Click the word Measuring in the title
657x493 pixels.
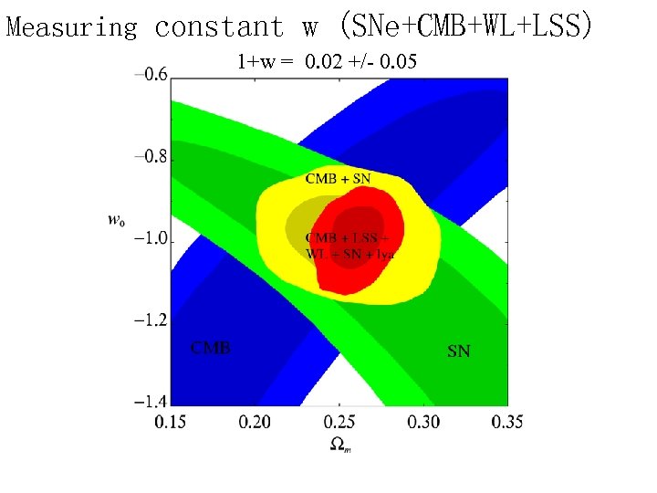[72, 27]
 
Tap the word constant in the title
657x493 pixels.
[220, 27]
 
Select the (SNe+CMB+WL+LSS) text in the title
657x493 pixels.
[464, 27]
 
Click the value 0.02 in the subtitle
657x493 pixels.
[324, 64]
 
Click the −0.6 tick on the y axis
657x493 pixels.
[151, 75]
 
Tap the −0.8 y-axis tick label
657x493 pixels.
[151, 157]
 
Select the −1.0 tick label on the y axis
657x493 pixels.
[151, 239]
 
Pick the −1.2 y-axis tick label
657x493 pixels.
[151, 320]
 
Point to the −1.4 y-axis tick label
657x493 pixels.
[151, 402]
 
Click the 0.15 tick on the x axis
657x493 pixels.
[172, 422]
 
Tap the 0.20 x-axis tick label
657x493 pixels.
[255, 422]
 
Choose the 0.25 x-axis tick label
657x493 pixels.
[339, 422]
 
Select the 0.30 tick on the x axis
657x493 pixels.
[423, 422]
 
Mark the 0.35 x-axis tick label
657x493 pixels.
[506, 422]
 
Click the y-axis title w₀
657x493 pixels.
[116, 219]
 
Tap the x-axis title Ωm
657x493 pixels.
[339, 445]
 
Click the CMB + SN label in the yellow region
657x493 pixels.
[338, 179]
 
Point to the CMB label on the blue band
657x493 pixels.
[210, 348]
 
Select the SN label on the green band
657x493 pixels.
[458, 351]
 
